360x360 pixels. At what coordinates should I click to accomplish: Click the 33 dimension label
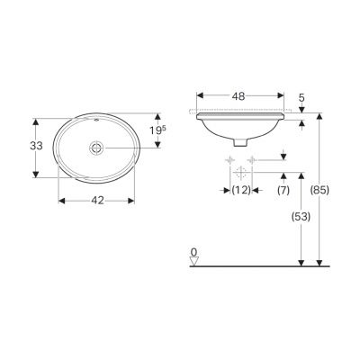(36, 146)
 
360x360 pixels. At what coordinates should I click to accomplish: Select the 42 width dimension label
(97, 201)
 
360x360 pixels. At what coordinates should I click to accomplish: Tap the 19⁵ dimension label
(157, 130)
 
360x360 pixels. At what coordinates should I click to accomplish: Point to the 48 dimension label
(238, 96)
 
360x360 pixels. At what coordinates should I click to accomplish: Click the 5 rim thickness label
(301, 97)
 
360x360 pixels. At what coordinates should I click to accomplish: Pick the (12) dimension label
(241, 190)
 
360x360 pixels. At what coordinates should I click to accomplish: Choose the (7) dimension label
(283, 190)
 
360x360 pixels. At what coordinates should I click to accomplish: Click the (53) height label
(301, 217)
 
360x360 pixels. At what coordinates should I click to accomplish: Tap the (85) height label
(319, 190)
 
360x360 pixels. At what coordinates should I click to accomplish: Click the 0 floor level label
(194, 252)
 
